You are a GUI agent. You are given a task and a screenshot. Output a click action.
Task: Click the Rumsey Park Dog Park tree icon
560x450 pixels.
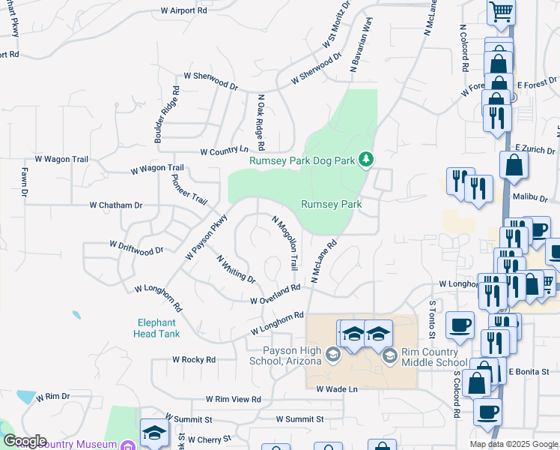click(x=366, y=158)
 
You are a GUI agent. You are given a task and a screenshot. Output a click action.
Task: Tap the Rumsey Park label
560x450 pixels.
click(x=332, y=204)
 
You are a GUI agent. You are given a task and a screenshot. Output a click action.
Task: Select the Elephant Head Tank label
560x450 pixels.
click(x=158, y=328)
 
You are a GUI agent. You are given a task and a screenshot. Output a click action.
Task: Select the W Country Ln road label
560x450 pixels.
click(x=224, y=151)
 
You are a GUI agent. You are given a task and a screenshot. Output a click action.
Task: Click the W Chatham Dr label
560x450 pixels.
click(x=115, y=205)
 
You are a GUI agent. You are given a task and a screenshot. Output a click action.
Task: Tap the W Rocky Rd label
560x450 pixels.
click(x=193, y=360)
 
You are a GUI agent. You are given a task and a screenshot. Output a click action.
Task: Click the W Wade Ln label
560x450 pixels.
click(x=337, y=389)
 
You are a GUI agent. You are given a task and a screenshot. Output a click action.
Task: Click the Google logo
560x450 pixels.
click(x=25, y=441)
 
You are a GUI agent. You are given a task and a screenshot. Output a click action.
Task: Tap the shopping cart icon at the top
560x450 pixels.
click(x=500, y=11)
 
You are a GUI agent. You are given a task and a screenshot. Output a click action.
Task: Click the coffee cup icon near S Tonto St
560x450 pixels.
click(x=460, y=325)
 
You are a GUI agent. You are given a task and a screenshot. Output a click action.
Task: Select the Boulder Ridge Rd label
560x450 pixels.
click(x=167, y=114)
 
